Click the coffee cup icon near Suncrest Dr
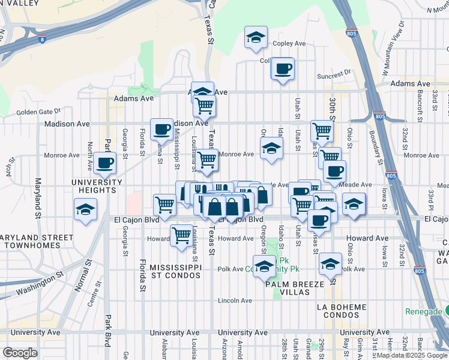pyautogui.click(x=282, y=68)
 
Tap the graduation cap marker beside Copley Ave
pyautogui.click(x=256, y=38)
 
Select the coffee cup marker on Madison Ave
pyautogui.click(x=161, y=128)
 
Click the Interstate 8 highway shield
pyautogui.click(x=41, y=40)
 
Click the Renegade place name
pyautogui.click(x=423, y=311)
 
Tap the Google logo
pyautogui.click(x=20, y=352)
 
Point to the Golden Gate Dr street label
pyautogui.click(x=38, y=111)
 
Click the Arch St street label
pyautogui.click(x=10, y=168)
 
